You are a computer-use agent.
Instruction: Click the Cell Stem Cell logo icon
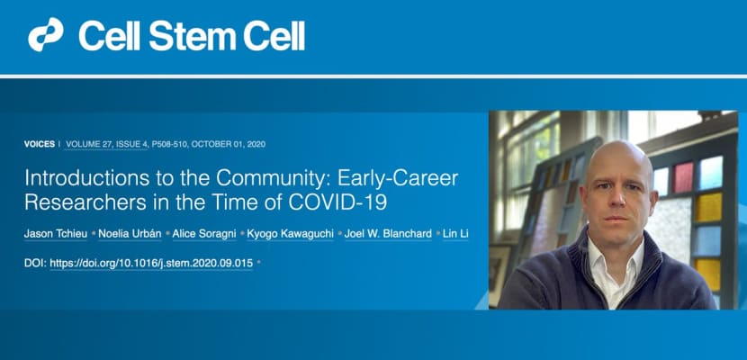pyautogui.click(x=45, y=35)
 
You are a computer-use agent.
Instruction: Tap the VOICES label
pyautogui.click(x=40, y=144)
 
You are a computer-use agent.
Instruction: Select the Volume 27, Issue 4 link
pyautogui.click(x=107, y=144)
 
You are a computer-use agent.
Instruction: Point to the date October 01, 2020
pyautogui.click(x=229, y=144)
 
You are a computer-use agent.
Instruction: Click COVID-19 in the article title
pyautogui.click(x=337, y=202)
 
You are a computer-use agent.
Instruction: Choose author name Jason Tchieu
pyautogui.click(x=56, y=234)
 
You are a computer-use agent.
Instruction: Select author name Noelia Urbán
pyautogui.click(x=130, y=234)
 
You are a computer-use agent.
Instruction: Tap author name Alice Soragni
pyautogui.click(x=204, y=234)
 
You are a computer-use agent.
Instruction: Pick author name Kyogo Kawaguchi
pyautogui.click(x=290, y=234)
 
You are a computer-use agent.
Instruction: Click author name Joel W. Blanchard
pyautogui.click(x=388, y=234)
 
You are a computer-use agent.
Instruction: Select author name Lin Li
pyautogui.click(x=455, y=234)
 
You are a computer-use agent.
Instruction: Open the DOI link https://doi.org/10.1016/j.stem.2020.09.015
pyautogui.click(x=151, y=263)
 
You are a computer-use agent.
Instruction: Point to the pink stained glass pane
pyautogui.click(x=683, y=176)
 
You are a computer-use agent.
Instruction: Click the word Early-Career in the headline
pyautogui.click(x=398, y=178)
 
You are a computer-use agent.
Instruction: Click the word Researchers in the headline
pyautogui.click(x=85, y=202)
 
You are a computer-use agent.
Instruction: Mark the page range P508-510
pyautogui.click(x=169, y=144)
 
